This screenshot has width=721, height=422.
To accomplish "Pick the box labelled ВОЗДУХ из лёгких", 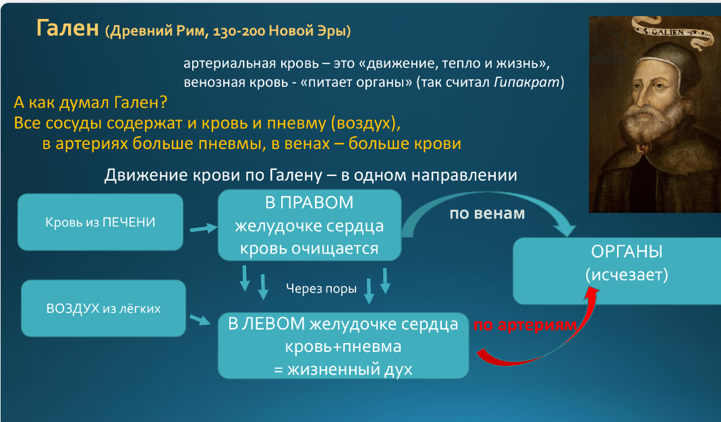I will pos(103,308).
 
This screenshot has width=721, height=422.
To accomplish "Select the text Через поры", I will pos(320,289).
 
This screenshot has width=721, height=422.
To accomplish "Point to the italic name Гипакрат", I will pos(527,83).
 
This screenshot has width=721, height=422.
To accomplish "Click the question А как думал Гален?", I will pos(90,104).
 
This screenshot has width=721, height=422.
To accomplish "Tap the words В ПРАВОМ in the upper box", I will pos(310,203).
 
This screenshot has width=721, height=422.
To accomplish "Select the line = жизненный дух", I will pos(343,369).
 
